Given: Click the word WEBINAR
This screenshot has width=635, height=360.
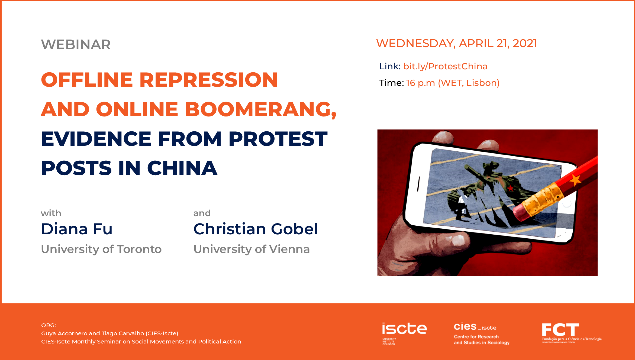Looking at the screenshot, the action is (76, 44).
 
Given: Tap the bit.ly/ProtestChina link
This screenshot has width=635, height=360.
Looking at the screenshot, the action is (445, 66).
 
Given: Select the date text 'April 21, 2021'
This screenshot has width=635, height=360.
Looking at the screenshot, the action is (498, 43).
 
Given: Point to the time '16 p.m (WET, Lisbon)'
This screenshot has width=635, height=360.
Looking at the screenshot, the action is (453, 83).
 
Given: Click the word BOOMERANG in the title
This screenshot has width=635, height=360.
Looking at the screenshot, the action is (260, 109).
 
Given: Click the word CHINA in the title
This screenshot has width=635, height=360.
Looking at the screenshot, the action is (182, 168).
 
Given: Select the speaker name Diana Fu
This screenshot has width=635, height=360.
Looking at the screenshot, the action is (77, 229).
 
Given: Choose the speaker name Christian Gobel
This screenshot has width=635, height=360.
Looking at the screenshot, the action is (256, 229).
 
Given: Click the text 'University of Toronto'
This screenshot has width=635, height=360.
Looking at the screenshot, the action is (101, 249).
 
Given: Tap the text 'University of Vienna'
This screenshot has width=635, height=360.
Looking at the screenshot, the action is (252, 249).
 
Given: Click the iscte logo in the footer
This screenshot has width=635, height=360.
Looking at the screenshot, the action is (404, 333).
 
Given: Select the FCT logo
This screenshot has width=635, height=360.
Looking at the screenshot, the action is (572, 333).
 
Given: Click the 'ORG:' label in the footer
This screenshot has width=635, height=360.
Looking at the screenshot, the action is (49, 325).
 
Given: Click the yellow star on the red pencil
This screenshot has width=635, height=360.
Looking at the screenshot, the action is (575, 180).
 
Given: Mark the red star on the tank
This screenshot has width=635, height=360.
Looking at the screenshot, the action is (511, 188).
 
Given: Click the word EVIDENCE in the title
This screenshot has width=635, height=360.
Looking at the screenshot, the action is (96, 139).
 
